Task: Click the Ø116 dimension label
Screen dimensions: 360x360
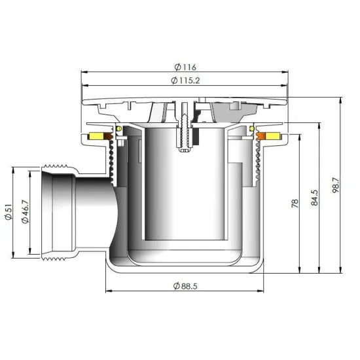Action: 185,67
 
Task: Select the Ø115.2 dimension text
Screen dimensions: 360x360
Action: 185,81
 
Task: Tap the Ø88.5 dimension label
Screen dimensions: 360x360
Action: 185,286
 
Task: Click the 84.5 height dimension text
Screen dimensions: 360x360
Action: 314,198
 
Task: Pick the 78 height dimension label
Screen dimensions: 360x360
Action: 295,204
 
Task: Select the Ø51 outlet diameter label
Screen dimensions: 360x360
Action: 9,212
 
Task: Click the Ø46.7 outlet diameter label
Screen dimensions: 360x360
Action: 25,212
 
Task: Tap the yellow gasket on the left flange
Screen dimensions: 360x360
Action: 96,137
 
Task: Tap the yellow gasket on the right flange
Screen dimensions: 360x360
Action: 273,136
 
